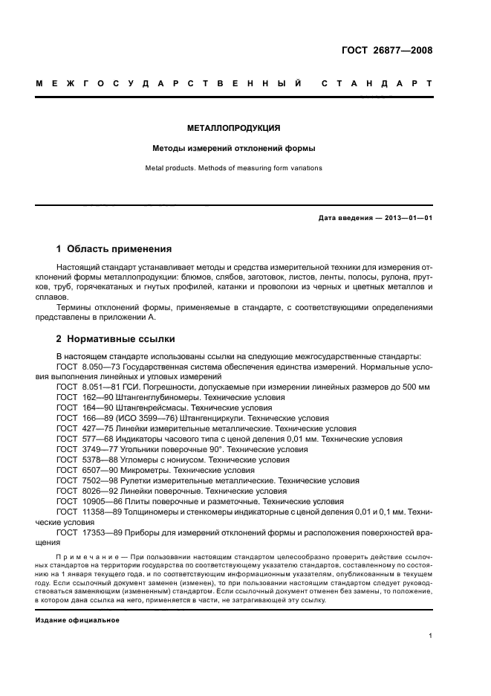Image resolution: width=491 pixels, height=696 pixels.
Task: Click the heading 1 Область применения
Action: [x=114, y=249]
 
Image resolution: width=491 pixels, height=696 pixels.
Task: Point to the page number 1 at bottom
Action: [x=431, y=637]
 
